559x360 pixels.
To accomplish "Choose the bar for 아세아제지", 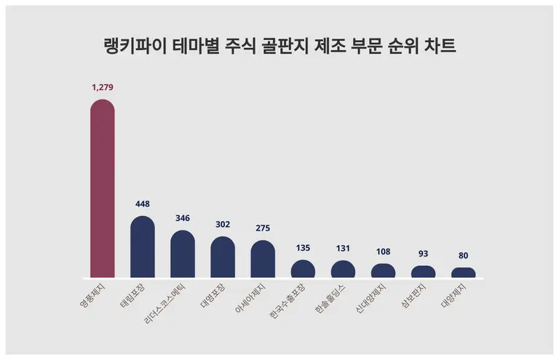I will click(x=263, y=260).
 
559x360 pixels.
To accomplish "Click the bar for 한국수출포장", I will click(x=303, y=270).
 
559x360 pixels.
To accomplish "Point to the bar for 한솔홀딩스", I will click(x=343, y=270).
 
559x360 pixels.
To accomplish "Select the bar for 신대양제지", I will click(x=383, y=271).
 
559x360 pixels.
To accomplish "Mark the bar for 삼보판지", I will click(x=423, y=272).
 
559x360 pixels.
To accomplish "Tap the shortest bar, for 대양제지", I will click(x=463, y=273).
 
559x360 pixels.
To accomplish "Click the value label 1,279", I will click(x=103, y=87).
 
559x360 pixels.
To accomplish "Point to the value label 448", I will click(x=143, y=204).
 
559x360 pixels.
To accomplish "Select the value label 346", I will click(x=183, y=218).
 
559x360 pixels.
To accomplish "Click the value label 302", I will click(x=223, y=224).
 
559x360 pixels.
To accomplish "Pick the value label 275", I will click(x=263, y=228).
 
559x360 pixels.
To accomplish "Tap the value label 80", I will click(x=463, y=255).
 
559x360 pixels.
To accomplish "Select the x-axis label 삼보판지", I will click(x=416, y=297).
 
